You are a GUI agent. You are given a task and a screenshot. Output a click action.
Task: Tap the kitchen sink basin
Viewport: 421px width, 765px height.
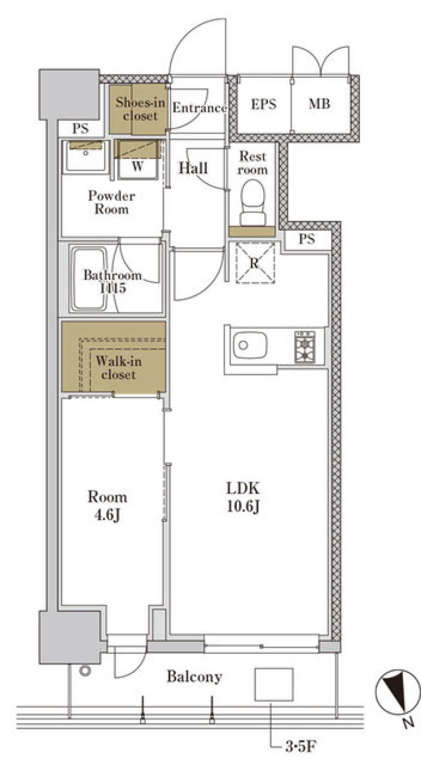click(250, 345)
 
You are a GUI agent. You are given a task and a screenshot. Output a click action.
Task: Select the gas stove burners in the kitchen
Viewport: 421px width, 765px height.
click(305, 347)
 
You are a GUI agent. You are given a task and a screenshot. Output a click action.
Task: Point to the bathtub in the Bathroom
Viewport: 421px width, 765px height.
click(89, 279)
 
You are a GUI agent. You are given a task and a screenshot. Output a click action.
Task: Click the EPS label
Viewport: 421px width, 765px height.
click(264, 104)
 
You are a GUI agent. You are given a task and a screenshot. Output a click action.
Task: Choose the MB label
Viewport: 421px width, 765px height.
click(319, 104)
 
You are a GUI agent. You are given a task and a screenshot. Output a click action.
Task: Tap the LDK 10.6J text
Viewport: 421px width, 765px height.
click(243, 497)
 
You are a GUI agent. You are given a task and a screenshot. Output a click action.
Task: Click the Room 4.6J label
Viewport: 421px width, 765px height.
click(107, 505)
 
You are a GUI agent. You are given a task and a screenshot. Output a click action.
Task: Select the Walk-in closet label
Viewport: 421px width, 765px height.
click(118, 368)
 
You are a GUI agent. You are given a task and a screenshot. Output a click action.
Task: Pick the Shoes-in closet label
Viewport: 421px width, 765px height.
click(140, 109)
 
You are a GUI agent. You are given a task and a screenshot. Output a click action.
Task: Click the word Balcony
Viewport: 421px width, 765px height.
click(194, 676)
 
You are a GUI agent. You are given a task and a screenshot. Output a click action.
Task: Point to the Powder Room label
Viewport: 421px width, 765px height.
click(111, 202)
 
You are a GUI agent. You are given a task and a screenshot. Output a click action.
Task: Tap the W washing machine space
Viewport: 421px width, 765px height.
click(137, 159)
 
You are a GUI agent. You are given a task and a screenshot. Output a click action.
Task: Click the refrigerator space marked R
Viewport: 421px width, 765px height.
click(255, 263)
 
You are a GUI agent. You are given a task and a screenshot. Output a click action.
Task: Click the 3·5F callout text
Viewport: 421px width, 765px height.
click(301, 746)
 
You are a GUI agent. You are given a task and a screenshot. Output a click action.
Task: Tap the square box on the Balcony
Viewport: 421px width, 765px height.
click(274, 684)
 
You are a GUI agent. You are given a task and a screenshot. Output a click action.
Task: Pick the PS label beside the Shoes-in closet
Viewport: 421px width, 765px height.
click(80, 128)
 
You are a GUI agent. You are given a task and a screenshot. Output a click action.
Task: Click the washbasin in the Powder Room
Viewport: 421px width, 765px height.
click(86, 156)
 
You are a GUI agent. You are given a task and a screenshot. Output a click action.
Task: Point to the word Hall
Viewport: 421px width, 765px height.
click(193, 168)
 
